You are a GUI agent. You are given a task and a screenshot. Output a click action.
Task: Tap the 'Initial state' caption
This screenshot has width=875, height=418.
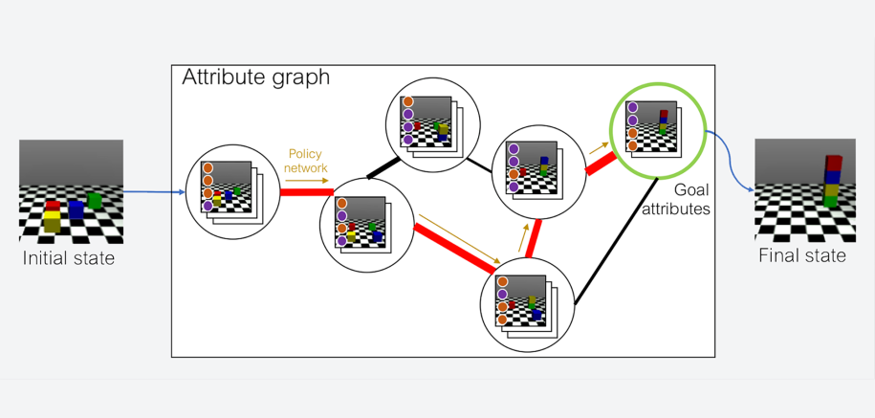click(68, 258)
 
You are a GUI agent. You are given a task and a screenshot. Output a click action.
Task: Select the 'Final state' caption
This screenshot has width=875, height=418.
click(802, 255)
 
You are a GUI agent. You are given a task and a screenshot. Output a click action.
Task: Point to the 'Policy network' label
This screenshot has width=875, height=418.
click(306, 161)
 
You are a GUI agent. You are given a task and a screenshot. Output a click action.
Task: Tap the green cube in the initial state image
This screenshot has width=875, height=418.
click(94, 200)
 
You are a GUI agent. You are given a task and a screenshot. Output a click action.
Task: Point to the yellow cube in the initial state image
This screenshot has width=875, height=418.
click(52, 222)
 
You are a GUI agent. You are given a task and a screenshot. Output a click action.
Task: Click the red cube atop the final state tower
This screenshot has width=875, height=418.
click(834, 163)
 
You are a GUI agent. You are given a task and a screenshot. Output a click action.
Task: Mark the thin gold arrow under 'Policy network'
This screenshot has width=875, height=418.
click(306, 179)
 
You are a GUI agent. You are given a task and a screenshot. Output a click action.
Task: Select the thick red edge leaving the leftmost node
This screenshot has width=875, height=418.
click(305, 192)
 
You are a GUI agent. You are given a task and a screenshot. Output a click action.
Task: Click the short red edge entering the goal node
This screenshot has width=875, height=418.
click(600, 164)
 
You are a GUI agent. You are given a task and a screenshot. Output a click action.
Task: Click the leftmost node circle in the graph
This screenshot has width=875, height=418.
click(233, 192)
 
